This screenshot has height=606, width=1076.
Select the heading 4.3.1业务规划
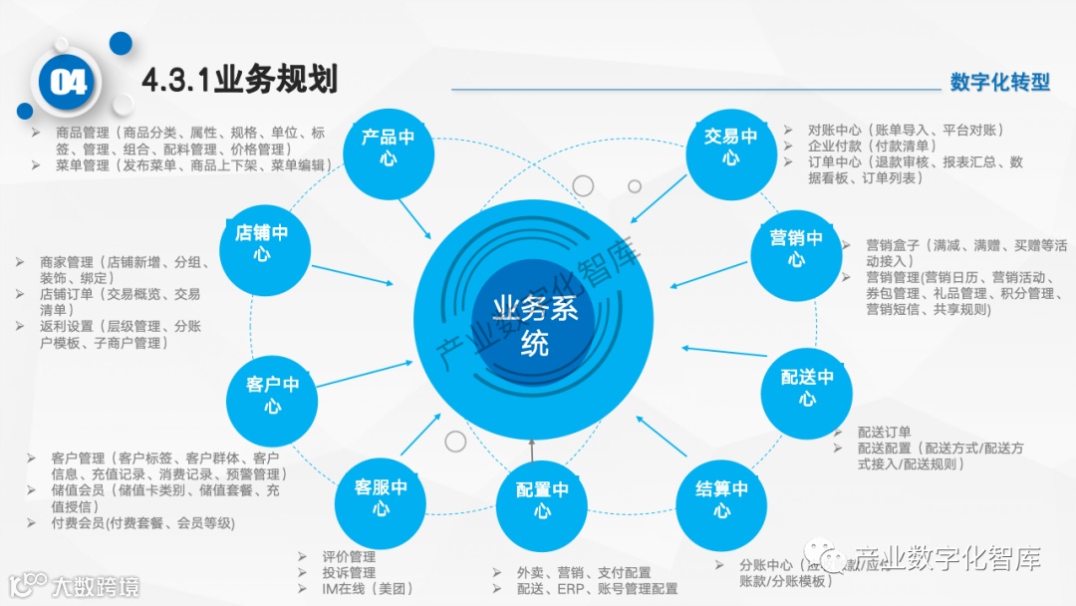[239, 81]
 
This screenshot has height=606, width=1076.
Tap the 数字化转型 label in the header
[999, 82]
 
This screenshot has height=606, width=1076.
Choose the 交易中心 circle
[730, 148]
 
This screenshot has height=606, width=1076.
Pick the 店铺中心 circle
[261, 243]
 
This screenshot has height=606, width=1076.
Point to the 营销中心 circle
[796, 249]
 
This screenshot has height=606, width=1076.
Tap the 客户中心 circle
[272, 395]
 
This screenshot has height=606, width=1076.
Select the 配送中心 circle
[807, 389]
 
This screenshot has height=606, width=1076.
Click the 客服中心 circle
[381, 498]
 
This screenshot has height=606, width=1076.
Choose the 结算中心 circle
[721, 499]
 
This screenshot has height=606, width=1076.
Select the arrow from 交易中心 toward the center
[661, 196]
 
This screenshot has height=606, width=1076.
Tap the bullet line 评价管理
[349, 556]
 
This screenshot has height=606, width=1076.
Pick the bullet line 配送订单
[884, 433]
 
